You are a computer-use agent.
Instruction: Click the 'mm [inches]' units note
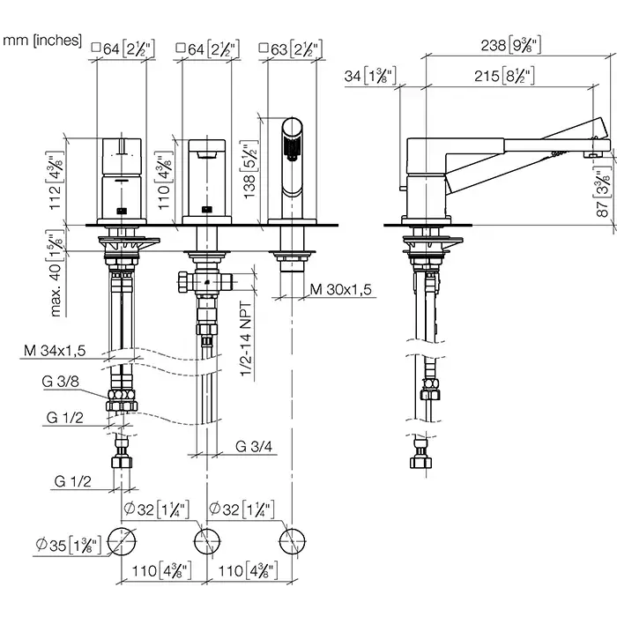pyautogui.click(x=42, y=41)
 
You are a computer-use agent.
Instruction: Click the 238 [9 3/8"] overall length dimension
pyautogui.click(x=510, y=45)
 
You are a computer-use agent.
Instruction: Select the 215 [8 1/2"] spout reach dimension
pyautogui.click(x=504, y=76)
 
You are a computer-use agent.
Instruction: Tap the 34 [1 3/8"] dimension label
pyautogui.click(x=370, y=76)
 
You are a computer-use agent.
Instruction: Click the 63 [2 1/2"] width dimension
pyautogui.click(x=291, y=49)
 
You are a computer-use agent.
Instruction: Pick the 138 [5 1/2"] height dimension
pyautogui.click(x=249, y=169)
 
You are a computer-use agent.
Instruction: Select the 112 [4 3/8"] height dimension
pyautogui.click(x=55, y=181)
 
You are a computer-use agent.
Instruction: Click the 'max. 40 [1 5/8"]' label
pyautogui.click(x=56, y=272)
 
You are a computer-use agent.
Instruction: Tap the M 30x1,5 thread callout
pyautogui.click(x=340, y=290)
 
